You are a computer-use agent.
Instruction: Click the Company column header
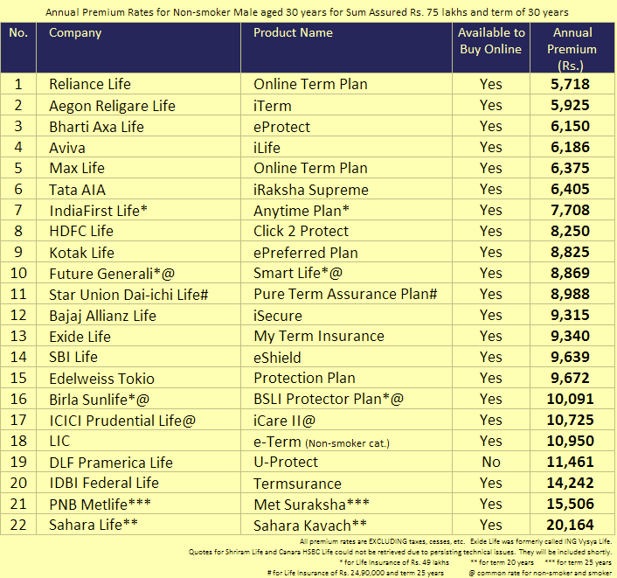[x=75, y=32]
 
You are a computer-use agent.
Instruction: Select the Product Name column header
[x=293, y=32]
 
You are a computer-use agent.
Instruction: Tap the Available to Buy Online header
[x=491, y=40]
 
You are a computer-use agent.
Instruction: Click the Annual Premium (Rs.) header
[x=572, y=49]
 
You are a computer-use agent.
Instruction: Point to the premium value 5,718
[x=570, y=84]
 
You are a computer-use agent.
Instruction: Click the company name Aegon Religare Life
[x=112, y=106]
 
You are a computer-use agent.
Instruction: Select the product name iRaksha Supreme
[x=311, y=190]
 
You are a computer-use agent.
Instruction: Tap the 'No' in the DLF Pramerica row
[x=491, y=462]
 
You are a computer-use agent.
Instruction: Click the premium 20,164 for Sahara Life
[x=570, y=525]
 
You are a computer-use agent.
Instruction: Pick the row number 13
[x=18, y=337]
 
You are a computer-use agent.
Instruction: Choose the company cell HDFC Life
[x=81, y=231]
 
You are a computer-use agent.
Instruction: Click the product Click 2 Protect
[x=301, y=231]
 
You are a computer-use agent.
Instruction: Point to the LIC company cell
[x=59, y=441]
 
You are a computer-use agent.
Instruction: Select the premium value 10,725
[x=570, y=420]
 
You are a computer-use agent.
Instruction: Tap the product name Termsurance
[x=297, y=484]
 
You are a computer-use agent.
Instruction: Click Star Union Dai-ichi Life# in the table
[x=128, y=295]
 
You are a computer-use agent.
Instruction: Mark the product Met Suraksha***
[x=312, y=505]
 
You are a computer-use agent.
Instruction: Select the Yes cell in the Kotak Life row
[x=491, y=252]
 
